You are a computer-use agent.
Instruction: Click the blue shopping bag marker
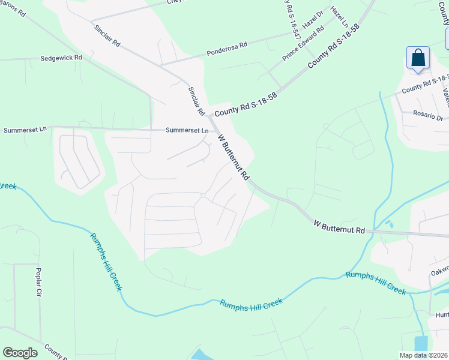[418, 59]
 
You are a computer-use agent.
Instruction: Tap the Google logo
[20, 352]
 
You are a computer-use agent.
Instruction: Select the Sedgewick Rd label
[61, 58]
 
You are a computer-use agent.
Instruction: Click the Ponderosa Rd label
[227, 45]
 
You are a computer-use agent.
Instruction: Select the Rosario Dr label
[427, 118]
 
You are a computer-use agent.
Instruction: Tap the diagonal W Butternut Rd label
[234, 157]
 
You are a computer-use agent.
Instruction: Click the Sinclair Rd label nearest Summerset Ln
[196, 101]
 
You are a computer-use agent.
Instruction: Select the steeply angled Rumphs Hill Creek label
[106, 262]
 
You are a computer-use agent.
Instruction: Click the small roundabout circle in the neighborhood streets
[203, 196]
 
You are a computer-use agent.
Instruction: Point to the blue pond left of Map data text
[421, 344]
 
